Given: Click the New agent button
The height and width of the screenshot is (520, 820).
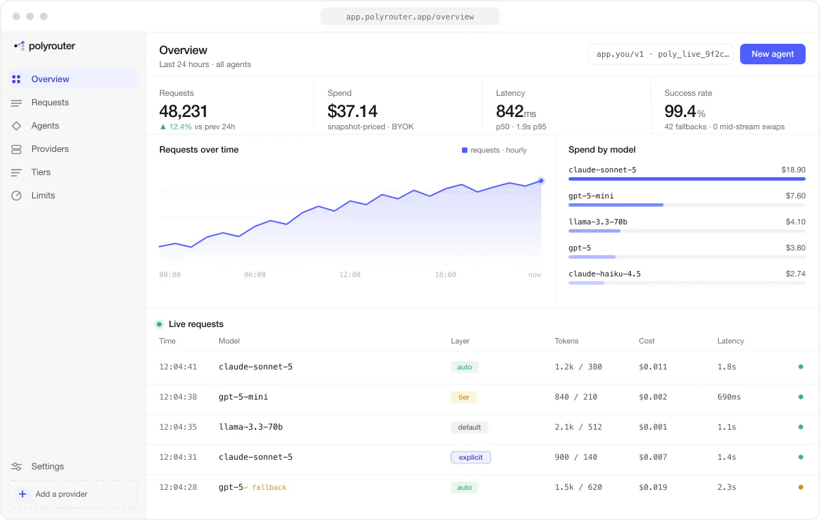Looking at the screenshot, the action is point(772,54).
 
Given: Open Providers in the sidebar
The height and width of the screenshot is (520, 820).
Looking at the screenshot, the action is point(50,148).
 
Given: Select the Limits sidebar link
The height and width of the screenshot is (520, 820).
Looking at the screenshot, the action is point(43,195).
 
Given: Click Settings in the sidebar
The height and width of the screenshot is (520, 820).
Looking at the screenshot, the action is point(47,466).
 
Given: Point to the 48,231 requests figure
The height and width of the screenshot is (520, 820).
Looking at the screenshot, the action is point(183,111).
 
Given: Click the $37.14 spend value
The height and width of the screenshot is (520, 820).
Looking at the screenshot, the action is point(352,111).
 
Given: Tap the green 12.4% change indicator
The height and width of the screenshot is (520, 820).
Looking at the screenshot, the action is point(176,127).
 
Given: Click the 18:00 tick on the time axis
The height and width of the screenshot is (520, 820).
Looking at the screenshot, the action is point(445,274).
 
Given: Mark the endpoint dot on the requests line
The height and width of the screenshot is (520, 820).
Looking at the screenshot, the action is point(541,181).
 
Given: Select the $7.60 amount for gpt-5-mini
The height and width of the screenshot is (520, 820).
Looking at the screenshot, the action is point(795,196).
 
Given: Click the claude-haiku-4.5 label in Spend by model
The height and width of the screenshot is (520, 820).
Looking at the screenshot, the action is point(604,274).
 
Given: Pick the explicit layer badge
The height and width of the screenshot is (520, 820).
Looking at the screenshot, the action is point(470,457).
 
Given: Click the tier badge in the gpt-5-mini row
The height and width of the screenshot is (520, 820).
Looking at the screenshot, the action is point(464,397).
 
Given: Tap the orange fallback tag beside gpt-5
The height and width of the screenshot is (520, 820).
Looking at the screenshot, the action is point(269,487).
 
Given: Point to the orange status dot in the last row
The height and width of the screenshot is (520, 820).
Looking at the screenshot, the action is point(801,487).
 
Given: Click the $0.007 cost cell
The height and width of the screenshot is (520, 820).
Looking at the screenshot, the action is point(653,457).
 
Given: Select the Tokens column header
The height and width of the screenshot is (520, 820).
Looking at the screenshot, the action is point(566,341).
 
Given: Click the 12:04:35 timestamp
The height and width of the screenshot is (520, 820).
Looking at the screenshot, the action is point(178,427).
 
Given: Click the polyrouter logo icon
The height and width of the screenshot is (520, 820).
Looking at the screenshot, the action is point(19,46).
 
